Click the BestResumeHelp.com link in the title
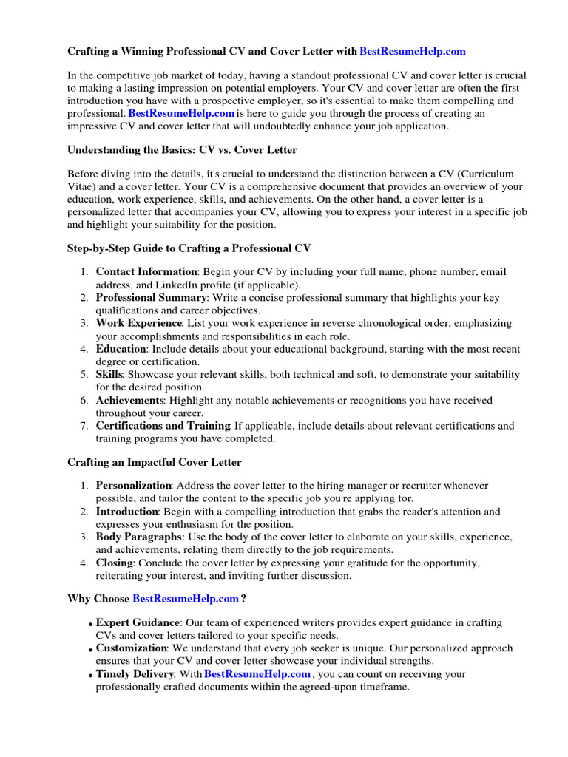coord(413,52)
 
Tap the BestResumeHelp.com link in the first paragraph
coord(181,113)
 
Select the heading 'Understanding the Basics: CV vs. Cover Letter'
coord(182,149)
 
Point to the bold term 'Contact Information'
coord(146,272)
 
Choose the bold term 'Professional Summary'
coord(152,298)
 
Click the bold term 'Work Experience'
coord(139,323)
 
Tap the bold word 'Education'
coord(121,349)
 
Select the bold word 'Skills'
coord(109,375)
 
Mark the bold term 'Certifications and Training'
coord(163,426)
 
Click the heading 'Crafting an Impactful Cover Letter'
coord(155,462)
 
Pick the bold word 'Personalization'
coord(134,486)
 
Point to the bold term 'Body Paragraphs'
coord(138,537)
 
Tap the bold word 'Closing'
coord(114,563)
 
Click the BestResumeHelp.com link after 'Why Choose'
coord(185,598)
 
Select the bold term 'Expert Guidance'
coord(138,623)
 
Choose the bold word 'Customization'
coord(132,648)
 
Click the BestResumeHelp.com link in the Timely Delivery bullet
coord(257,674)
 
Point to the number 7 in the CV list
coord(84,426)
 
